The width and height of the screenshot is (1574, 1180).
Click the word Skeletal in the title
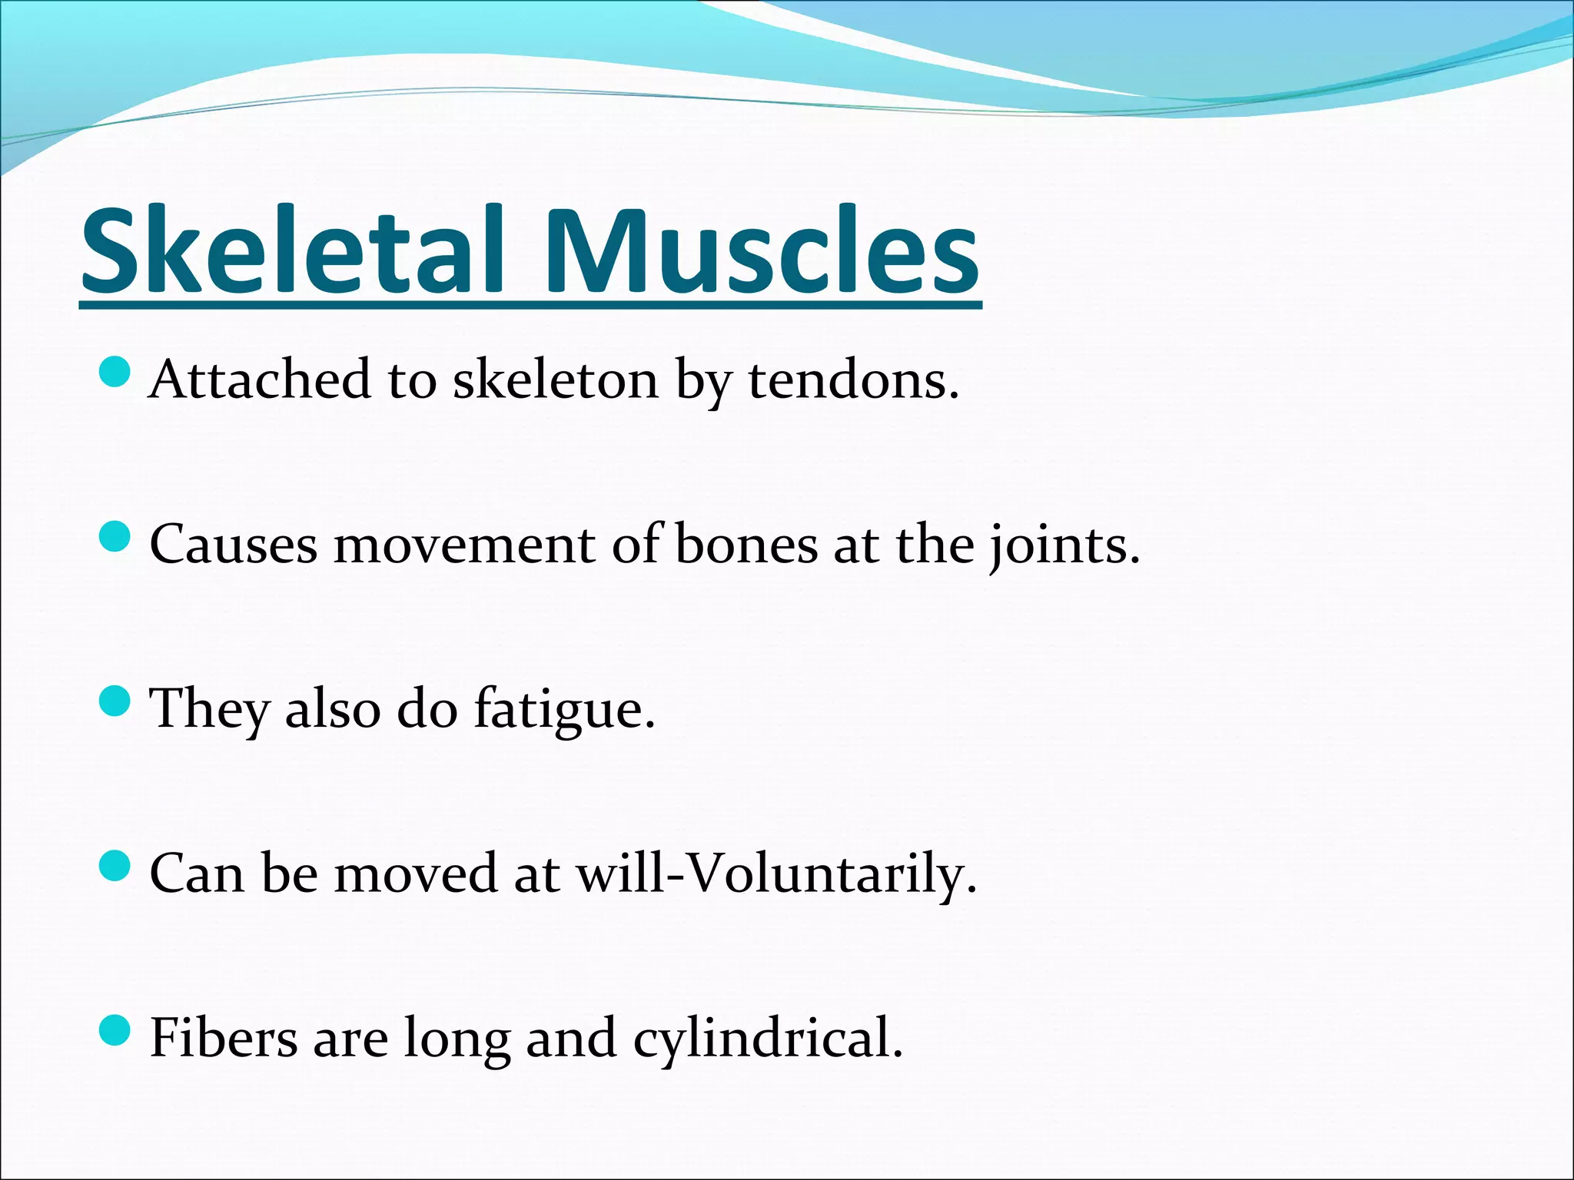tap(292, 251)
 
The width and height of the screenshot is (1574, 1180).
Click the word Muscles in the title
tap(761, 251)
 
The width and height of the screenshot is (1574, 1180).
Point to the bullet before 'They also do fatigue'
tap(115, 701)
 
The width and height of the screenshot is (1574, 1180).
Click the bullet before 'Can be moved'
tap(115, 865)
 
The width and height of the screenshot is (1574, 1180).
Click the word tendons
tap(853, 380)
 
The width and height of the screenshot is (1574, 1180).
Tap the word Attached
tap(260, 380)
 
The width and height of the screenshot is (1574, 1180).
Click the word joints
tap(1064, 545)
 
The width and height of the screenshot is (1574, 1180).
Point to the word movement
tap(464, 545)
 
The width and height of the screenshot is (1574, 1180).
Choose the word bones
tap(746, 545)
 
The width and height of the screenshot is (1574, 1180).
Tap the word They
tap(209, 710)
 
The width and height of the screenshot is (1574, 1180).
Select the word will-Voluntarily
tap(776, 874)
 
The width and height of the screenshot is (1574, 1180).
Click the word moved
tap(415, 874)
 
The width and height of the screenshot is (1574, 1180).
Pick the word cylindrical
tap(768, 1039)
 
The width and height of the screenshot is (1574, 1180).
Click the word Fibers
tap(224, 1039)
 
